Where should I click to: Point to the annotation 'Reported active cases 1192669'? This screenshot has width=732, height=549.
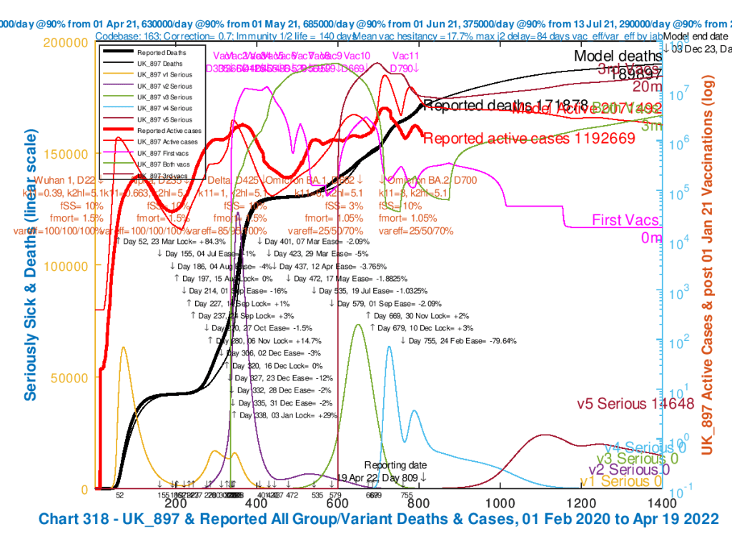(x=529, y=139)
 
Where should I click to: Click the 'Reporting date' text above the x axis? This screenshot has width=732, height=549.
(x=395, y=465)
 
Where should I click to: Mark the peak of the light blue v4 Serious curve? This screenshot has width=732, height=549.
(x=390, y=347)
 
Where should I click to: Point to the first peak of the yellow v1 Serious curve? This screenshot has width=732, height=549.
(x=124, y=347)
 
